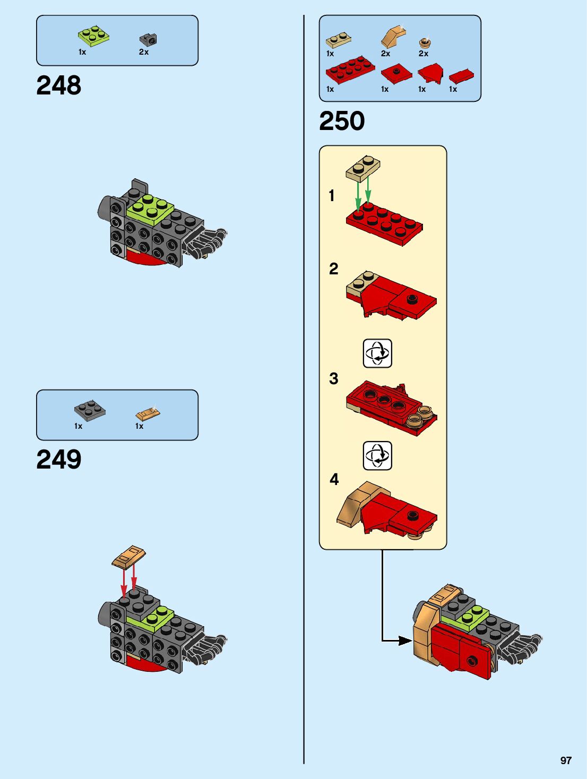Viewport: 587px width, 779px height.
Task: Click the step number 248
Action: (x=59, y=85)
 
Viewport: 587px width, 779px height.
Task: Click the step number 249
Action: (x=59, y=460)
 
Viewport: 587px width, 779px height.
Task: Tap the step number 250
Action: (x=342, y=121)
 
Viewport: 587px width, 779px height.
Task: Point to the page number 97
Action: (x=566, y=760)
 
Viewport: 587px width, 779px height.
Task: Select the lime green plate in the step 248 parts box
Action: (x=94, y=36)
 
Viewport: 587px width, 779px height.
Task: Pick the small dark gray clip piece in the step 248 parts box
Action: (x=148, y=39)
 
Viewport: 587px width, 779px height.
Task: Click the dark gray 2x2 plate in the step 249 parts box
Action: (x=89, y=410)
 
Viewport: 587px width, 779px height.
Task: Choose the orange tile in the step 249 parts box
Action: (x=148, y=413)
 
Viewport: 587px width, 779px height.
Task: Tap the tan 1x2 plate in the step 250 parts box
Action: (x=338, y=40)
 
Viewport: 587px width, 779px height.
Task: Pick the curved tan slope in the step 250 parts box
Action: (x=393, y=36)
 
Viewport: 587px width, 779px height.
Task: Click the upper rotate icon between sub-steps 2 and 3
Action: (x=377, y=353)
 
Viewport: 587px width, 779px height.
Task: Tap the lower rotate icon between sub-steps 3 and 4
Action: (x=377, y=455)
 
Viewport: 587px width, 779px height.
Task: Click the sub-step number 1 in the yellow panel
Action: (x=332, y=196)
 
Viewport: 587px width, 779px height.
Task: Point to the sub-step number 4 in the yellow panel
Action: (x=334, y=479)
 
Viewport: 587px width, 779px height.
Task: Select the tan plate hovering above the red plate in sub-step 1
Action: (x=363, y=168)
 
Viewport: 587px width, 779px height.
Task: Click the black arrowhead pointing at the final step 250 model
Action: (x=405, y=640)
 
